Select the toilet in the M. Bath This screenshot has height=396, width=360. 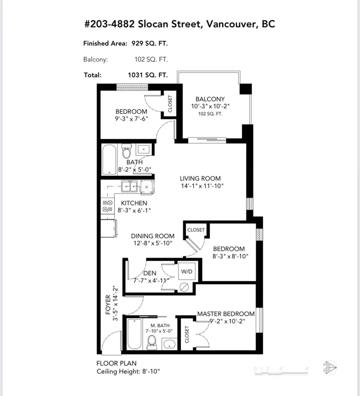click(152, 341)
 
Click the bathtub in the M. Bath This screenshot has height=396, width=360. click(134, 334)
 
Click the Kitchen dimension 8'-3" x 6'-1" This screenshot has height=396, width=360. click(134, 210)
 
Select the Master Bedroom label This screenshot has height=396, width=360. click(226, 314)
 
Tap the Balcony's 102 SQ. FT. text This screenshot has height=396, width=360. click(210, 114)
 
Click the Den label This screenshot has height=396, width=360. click(149, 273)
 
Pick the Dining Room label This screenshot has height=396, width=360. click(153, 236)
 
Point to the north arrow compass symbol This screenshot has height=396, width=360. click(331, 367)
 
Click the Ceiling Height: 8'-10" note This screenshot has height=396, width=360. click(128, 371)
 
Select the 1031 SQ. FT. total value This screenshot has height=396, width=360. click(148, 75)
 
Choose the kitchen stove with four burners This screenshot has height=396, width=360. click(108, 206)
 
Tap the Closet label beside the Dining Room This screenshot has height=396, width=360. click(196, 230)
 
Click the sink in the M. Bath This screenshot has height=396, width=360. click(169, 345)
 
